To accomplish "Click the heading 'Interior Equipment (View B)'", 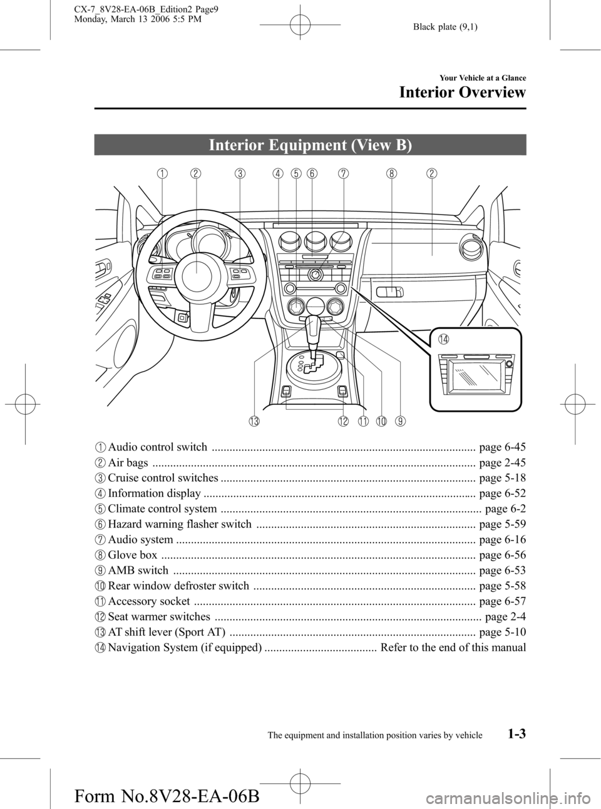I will [x=310, y=145].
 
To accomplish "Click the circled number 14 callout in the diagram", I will [x=444, y=339].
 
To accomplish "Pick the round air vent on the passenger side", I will [x=472, y=248].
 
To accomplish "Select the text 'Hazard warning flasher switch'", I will [x=180, y=524].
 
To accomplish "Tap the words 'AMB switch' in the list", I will [x=138, y=571].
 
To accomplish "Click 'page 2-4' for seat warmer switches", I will [x=505, y=617].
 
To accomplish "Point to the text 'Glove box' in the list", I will [x=133, y=555].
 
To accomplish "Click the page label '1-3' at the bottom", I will [x=514, y=734].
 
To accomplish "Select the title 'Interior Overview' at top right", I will [x=462, y=93].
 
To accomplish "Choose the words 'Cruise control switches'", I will [x=163, y=478].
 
